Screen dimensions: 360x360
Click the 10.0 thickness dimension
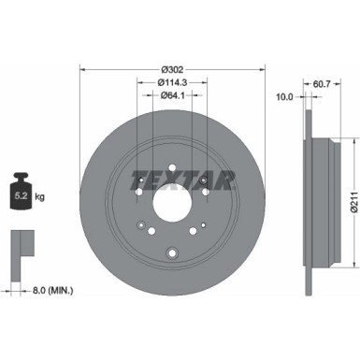[x=285, y=95]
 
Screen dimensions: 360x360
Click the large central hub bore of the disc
[x=172, y=202]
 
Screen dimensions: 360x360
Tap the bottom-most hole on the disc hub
[x=172, y=251]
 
